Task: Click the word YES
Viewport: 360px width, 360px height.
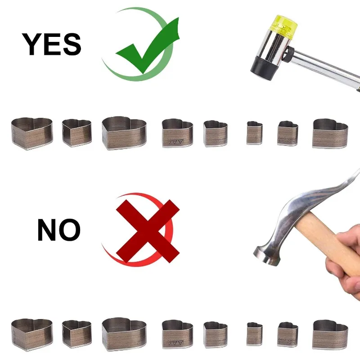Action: point(51,44)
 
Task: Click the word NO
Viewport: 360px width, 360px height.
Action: point(59,229)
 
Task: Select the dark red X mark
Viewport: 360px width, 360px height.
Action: point(148,231)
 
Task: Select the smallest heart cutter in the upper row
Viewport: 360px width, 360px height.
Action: point(254,133)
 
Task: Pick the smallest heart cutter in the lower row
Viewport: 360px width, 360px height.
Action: point(254,334)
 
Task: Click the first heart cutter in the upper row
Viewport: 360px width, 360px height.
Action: point(32,134)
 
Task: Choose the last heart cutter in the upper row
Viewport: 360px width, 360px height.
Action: point(330,134)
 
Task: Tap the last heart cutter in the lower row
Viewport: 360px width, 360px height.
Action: point(330,335)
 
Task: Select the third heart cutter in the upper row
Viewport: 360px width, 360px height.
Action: point(124,133)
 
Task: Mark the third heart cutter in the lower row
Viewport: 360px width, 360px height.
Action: point(124,334)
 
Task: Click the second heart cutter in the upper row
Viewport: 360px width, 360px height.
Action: point(76,133)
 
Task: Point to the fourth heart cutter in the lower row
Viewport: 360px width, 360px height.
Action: point(177,334)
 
